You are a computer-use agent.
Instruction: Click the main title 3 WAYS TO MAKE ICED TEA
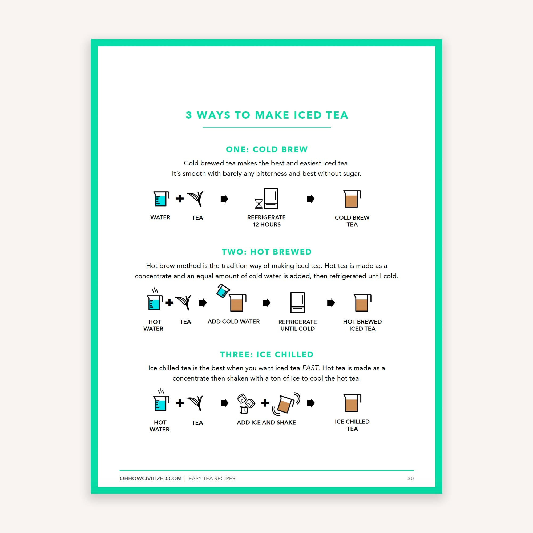(x=266, y=115)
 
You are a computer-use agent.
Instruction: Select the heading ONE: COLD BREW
(x=266, y=149)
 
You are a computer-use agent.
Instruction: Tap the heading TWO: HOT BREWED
(x=266, y=252)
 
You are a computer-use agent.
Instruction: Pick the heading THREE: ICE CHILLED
(x=266, y=354)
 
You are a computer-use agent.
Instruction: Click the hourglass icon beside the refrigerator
(x=259, y=204)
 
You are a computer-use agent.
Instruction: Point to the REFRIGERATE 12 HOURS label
(x=266, y=221)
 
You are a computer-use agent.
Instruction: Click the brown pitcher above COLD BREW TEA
(x=352, y=199)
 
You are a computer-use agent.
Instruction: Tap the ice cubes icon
(x=245, y=403)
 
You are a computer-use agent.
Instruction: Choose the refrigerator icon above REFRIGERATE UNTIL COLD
(x=297, y=303)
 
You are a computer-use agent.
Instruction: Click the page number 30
(x=410, y=478)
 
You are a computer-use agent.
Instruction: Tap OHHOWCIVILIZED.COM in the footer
(x=150, y=478)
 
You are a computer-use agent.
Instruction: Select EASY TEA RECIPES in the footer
(x=212, y=478)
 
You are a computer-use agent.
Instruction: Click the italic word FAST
(x=310, y=368)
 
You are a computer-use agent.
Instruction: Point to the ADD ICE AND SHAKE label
(x=266, y=422)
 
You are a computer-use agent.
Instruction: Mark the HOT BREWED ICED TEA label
(x=362, y=325)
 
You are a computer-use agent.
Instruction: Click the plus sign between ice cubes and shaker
(x=265, y=403)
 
